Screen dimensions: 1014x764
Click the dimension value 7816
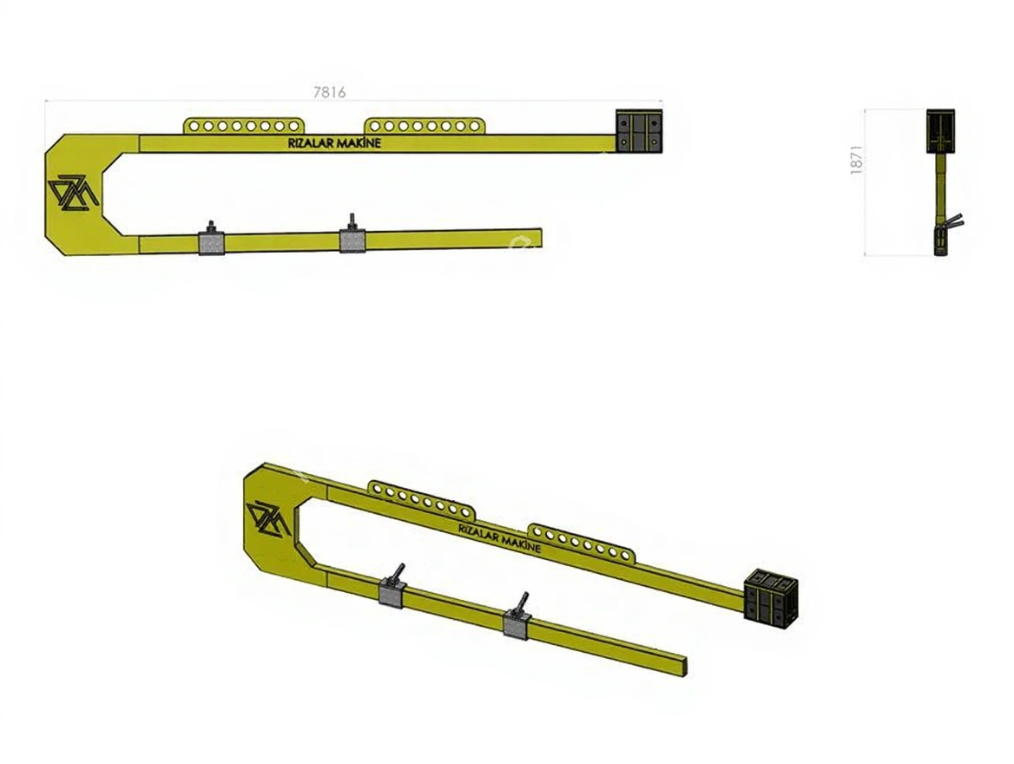329,92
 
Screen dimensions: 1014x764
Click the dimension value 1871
857,159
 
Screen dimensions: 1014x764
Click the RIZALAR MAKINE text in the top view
334,143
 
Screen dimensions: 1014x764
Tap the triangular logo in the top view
72,192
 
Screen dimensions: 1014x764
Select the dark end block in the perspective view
770,599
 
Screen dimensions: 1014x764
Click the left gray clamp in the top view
212,241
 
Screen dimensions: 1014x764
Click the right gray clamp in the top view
352,237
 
